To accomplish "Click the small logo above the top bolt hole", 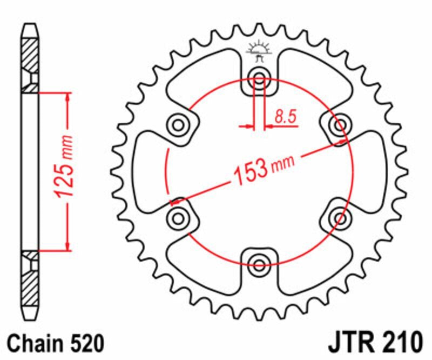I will pos(259,50).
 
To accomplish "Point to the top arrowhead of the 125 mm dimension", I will pos(68,96).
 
